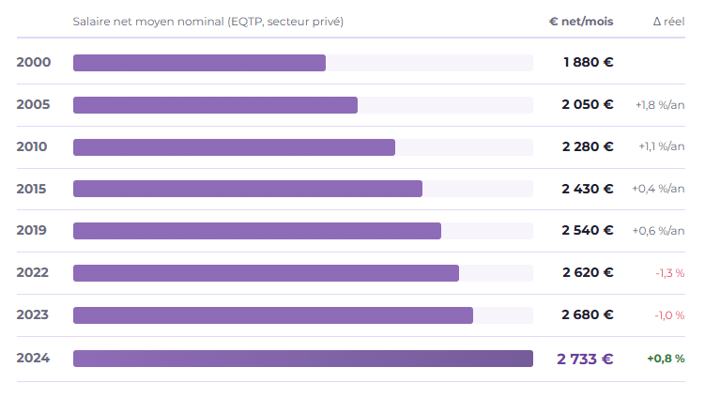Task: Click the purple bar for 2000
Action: coord(199,63)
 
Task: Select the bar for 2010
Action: coord(234,147)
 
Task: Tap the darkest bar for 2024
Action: coord(303,359)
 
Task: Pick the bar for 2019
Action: coord(256,231)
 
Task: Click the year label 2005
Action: coord(33,104)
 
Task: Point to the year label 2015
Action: coord(32,189)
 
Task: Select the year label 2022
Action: coord(32,272)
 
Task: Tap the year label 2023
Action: coord(32,314)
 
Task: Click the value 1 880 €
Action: coord(588,62)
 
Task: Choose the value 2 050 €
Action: coord(588,104)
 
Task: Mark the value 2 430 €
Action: coord(588,189)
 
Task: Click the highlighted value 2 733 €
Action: coord(585,359)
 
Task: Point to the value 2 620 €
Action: coord(588,272)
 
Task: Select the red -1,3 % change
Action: coord(670,273)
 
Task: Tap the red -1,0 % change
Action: coord(669,315)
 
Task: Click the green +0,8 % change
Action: coord(666,359)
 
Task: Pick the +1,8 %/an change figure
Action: coord(660,105)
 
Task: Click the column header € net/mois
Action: coord(581,22)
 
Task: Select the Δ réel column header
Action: coord(669,22)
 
